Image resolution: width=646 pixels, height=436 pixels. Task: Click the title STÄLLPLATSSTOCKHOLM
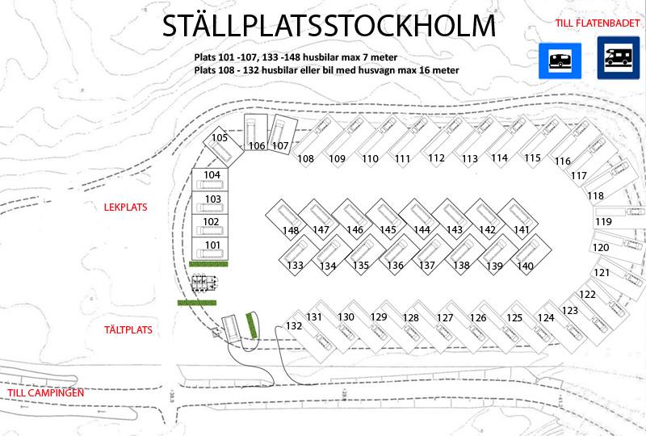click(329, 26)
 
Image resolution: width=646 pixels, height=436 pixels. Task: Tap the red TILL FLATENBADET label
click(597, 23)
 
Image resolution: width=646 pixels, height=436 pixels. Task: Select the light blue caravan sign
click(560, 61)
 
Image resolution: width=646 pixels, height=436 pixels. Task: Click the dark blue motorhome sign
click(619, 57)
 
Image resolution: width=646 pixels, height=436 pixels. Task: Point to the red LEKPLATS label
click(125, 208)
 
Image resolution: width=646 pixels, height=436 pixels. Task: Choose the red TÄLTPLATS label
click(128, 329)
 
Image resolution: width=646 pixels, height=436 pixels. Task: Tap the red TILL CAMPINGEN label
click(46, 392)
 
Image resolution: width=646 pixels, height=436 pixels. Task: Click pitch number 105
click(220, 137)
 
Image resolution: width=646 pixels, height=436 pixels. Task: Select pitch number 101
click(212, 245)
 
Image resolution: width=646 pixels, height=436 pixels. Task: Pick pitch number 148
click(291, 230)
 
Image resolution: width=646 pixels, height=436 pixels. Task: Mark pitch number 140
click(526, 266)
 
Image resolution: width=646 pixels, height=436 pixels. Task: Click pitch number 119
click(603, 222)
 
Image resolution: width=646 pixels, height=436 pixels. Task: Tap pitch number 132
click(294, 326)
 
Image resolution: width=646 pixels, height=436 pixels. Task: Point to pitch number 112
click(436, 157)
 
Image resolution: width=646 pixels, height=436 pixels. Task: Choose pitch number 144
click(422, 229)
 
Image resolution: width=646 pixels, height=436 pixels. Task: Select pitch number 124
click(546, 318)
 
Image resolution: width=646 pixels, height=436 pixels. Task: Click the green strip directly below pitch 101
click(208, 264)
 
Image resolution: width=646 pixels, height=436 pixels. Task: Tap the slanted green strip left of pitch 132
click(252, 325)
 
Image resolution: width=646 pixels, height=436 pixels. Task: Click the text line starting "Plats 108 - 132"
click(327, 70)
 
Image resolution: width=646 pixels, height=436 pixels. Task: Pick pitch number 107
click(280, 145)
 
